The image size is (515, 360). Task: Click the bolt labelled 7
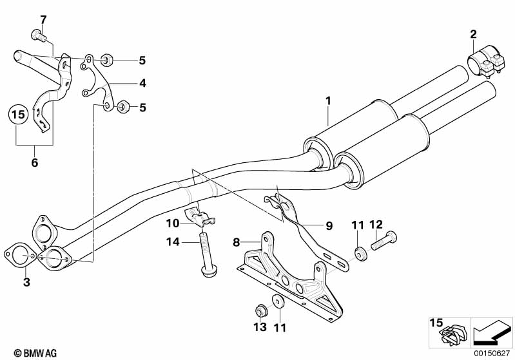tap(39, 35)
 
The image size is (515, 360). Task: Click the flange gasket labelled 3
tap(19, 255)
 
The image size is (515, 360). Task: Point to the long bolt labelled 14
tap(208, 254)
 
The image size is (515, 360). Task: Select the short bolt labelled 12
tap(384, 241)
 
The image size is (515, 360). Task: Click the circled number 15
tap(18, 115)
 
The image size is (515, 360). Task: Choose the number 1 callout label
tap(328, 101)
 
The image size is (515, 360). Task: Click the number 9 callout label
tap(329, 226)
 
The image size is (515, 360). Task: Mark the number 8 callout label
tap(237, 243)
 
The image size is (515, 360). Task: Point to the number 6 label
tap(35, 162)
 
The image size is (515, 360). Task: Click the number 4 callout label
tap(142, 83)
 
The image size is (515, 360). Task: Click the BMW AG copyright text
tap(35, 353)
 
